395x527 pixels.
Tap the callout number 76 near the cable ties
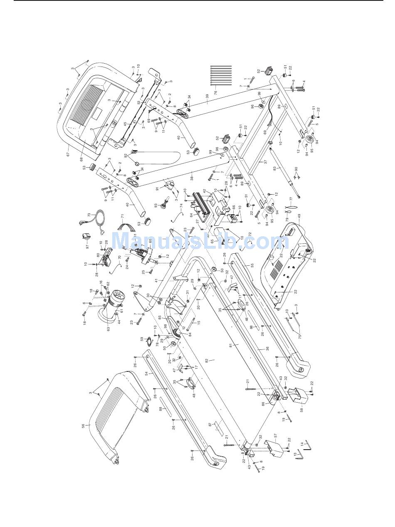pyautogui.click(x=215, y=93)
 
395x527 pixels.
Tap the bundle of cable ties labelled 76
pyautogui.click(x=220, y=75)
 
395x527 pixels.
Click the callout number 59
pyautogui.click(x=142, y=339)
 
